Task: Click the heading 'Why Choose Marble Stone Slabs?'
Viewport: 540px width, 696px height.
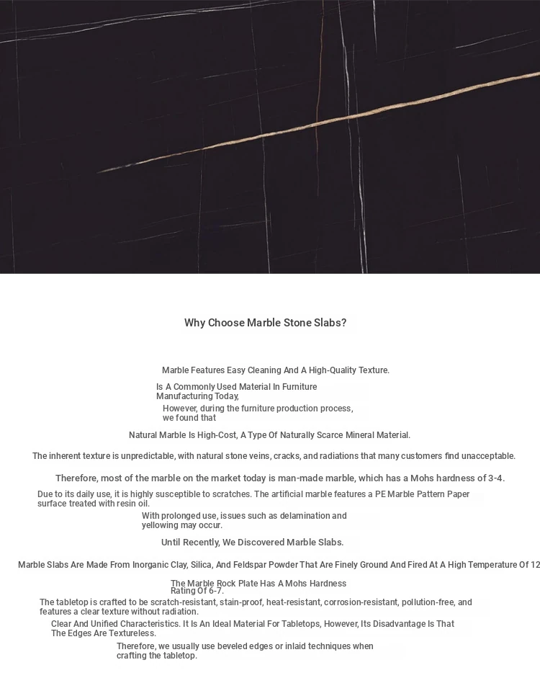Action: pyautogui.click(x=265, y=323)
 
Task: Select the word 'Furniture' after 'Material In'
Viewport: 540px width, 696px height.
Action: pyautogui.click(x=300, y=387)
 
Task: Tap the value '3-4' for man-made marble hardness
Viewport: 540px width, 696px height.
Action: pyautogui.click(x=495, y=478)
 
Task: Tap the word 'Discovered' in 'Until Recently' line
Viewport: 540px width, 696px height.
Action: pyautogui.click(x=260, y=543)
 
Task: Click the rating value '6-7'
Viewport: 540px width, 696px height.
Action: pyautogui.click(x=215, y=591)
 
